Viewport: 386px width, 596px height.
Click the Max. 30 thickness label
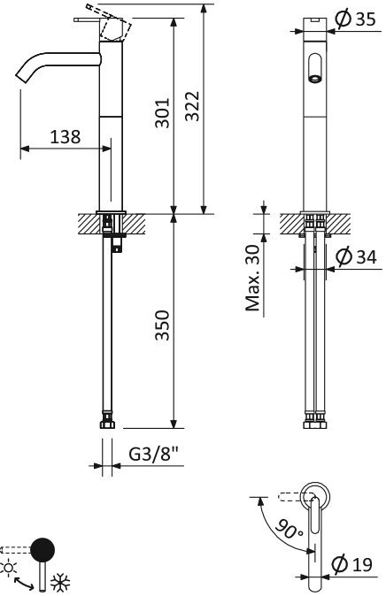(253, 279)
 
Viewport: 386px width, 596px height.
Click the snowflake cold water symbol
(59, 584)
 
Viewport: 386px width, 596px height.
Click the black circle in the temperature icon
(41, 550)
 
